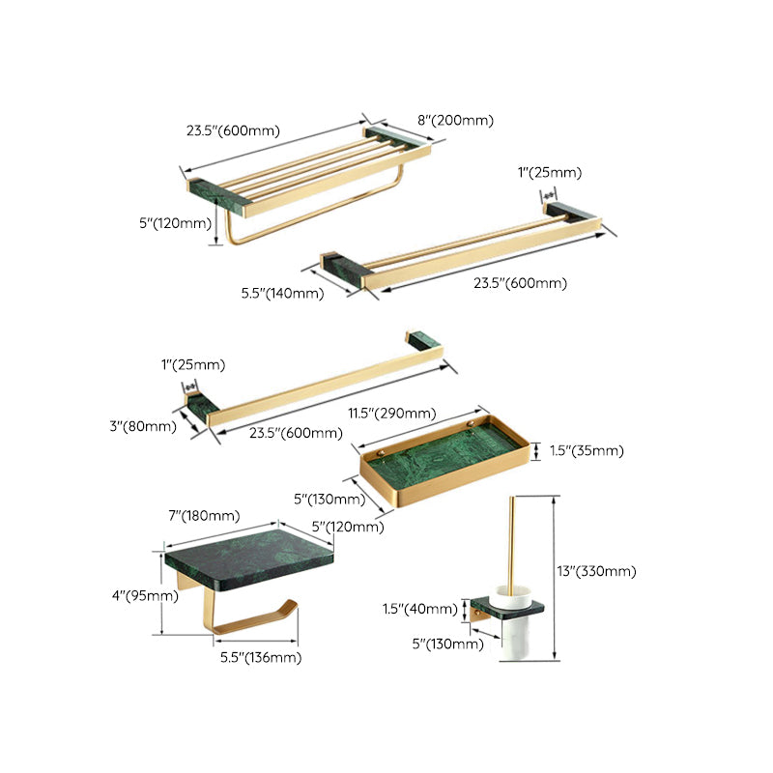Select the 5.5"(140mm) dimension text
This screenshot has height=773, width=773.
pos(282,291)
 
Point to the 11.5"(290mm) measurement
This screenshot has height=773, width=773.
pos(390,413)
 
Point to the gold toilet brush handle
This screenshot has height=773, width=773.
pos(509,546)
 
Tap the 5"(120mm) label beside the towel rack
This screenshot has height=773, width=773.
pos(175,223)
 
